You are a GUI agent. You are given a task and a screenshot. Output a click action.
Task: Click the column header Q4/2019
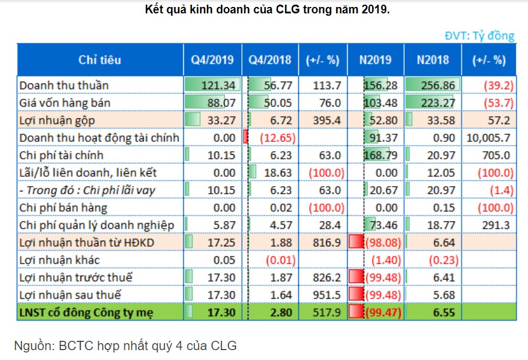[x=212, y=60]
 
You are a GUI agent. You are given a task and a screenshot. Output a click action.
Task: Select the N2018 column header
[x=433, y=60]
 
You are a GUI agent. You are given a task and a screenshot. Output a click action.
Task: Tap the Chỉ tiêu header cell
[x=100, y=60]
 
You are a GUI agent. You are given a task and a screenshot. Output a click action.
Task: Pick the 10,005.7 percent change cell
[x=488, y=138]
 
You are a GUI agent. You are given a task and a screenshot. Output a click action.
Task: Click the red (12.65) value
[x=278, y=138]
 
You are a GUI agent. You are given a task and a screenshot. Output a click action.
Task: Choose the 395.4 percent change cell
[x=326, y=120]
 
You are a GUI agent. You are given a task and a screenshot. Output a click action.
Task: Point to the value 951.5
[x=326, y=295]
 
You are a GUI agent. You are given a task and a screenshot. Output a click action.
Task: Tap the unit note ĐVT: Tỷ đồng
[x=479, y=36]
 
